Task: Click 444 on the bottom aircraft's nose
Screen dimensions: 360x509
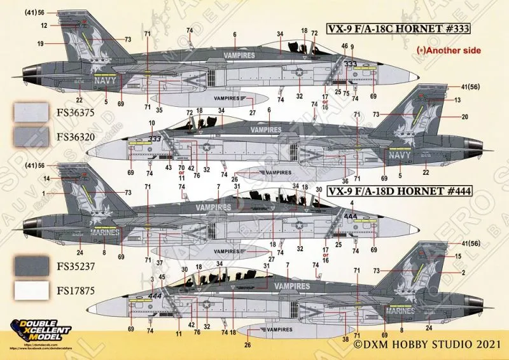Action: (x=155, y=295)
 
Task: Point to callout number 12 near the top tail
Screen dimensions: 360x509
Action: (x=44, y=25)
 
